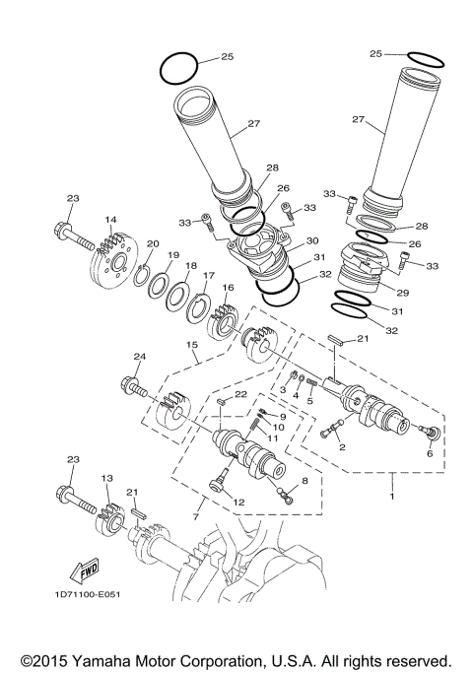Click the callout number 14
(110, 220)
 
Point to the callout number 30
(311, 240)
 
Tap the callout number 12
(237, 503)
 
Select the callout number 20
(152, 243)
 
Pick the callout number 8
(304, 479)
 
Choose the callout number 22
(240, 395)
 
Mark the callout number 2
(342, 446)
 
